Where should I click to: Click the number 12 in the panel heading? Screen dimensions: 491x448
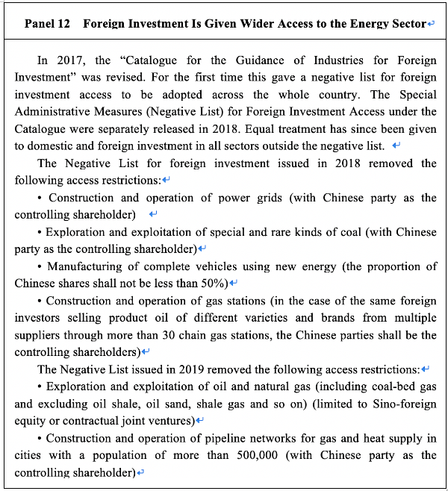(63, 24)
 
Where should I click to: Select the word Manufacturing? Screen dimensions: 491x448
(82, 266)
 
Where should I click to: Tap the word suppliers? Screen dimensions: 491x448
(37, 334)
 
